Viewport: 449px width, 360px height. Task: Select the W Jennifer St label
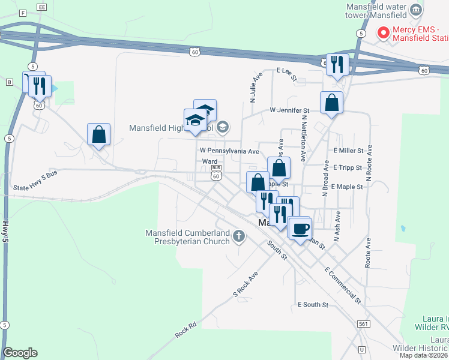(289, 110)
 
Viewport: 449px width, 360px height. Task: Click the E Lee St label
(288, 74)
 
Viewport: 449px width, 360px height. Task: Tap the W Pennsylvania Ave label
(229, 151)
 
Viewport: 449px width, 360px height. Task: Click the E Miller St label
(348, 151)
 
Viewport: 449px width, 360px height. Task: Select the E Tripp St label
(348, 167)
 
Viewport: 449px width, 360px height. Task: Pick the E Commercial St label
(343, 285)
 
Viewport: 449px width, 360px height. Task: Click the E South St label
(313, 305)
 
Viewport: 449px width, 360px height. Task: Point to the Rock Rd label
(186, 330)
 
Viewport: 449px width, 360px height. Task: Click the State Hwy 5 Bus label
(35, 189)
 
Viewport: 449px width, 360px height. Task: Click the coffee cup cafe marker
(301, 227)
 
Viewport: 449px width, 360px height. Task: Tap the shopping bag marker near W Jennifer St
(331, 103)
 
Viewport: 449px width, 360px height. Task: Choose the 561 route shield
(363, 323)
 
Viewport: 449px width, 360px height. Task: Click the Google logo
(20, 353)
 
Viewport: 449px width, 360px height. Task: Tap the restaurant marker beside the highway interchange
(337, 64)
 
